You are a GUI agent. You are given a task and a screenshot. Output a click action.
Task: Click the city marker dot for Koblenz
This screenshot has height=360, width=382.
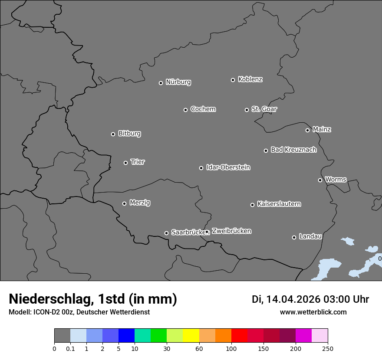pos(233,80)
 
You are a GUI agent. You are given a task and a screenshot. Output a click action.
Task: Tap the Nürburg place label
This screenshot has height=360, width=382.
pos(178,82)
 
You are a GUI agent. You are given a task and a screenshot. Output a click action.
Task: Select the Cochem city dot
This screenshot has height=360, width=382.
pos(185,110)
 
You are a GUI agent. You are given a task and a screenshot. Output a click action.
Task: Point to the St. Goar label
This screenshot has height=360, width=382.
pos(264,109)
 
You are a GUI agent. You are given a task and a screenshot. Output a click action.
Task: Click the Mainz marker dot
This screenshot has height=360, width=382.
pos(307,130)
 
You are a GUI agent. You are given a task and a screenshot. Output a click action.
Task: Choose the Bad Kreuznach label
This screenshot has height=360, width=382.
pos(293,150)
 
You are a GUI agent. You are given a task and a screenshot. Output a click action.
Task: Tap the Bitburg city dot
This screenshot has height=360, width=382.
pos(113,134)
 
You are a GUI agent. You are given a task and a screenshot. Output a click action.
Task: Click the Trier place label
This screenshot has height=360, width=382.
pos(138,162)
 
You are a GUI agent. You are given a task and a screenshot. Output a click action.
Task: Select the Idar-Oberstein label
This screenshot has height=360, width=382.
pos(228,167)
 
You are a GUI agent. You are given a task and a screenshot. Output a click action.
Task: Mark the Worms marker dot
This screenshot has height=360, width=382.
pos(320,180)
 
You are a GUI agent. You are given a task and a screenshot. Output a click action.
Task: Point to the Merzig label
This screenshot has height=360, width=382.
pos(140,203)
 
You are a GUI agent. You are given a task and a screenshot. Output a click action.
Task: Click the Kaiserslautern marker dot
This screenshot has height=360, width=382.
pos(252,205)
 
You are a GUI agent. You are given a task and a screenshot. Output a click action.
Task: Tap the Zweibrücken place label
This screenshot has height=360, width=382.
pos(231,231)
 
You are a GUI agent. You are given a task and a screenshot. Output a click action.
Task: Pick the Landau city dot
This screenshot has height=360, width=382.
pos(294,237)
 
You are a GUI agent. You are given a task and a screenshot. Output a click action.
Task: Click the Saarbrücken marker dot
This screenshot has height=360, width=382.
pos(166,233)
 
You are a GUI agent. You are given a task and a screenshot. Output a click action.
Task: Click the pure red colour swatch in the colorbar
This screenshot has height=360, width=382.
pos(239,336)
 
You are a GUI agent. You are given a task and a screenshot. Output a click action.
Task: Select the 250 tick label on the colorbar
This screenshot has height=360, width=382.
pos(328,348)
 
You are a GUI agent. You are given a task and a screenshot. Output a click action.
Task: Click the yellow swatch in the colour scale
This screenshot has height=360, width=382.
pos(191,336)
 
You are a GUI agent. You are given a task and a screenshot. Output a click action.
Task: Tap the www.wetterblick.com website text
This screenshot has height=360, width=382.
pos(313,312)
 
